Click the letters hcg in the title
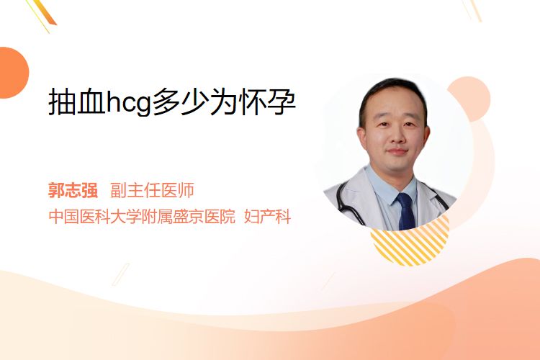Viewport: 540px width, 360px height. coord(129,103)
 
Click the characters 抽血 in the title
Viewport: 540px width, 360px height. coord(77,102)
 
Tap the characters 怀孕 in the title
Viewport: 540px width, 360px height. coord(268,102)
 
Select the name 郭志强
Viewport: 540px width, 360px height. coord(73,190)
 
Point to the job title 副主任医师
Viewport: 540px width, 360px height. coord(152,190)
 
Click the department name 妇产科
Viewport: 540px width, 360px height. coord(268,216)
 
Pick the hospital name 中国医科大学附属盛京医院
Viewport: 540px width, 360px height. coord(142,216)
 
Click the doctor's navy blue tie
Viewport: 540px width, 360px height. coord(406,211)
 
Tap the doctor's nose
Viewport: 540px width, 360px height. coord(397,136)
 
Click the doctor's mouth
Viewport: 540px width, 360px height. coord(397,152)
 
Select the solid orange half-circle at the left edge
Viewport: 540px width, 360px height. coord(13,73)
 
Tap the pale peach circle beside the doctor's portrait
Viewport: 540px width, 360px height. coord(471,98)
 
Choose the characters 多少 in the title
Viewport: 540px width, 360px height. coord(181,102)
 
